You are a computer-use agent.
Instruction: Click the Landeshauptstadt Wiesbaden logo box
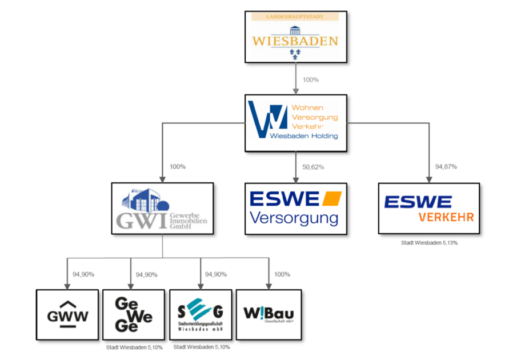pyautogui.click(x=295, y=37)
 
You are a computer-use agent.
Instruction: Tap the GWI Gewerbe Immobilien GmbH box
pyautogui.click(x=162, y=208)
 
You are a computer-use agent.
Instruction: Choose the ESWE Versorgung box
pyautogui.click(x=295, y=209)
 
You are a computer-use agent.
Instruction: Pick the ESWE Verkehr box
pyautogui.click(x=428, y=208)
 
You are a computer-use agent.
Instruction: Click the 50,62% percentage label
pyautogui.click(x=312, y=167)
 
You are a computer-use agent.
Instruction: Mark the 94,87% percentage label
pyautogui.click(x=446, y=167)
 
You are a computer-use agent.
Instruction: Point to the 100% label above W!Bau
pyautogui.click(x=282, y=274)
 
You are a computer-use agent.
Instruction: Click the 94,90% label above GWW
pyautogui.click(x=83, y=274)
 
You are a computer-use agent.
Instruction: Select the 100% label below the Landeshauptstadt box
pyautogui.click(x=310, y=80)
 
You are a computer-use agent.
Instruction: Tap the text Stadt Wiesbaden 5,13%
pyautogui.click(x=429, y=243)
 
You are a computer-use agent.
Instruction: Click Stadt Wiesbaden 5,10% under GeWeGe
pyautogui.click(x=134, y=347)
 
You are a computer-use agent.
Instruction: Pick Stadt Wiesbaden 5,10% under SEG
pyautogui.click(x=202, y=347)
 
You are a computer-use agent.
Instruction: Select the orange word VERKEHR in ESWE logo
pyautogui.click(x=446, y=217)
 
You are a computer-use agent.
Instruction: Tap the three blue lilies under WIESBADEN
pyautogui.click(x=295, y=53)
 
